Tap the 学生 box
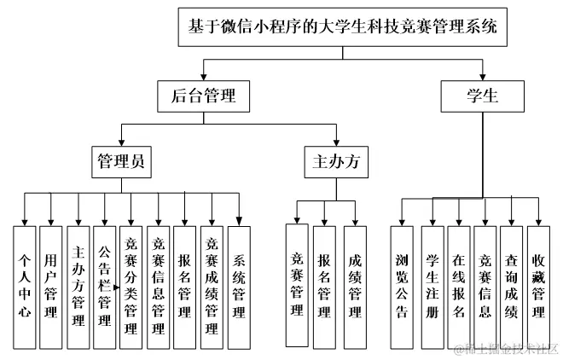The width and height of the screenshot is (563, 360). tap(482, 96)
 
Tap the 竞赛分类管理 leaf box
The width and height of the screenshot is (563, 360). tap(131, 287)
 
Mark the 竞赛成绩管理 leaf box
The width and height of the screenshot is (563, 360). tap(212, 287)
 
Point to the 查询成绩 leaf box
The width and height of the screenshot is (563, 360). tap(511, 285)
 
